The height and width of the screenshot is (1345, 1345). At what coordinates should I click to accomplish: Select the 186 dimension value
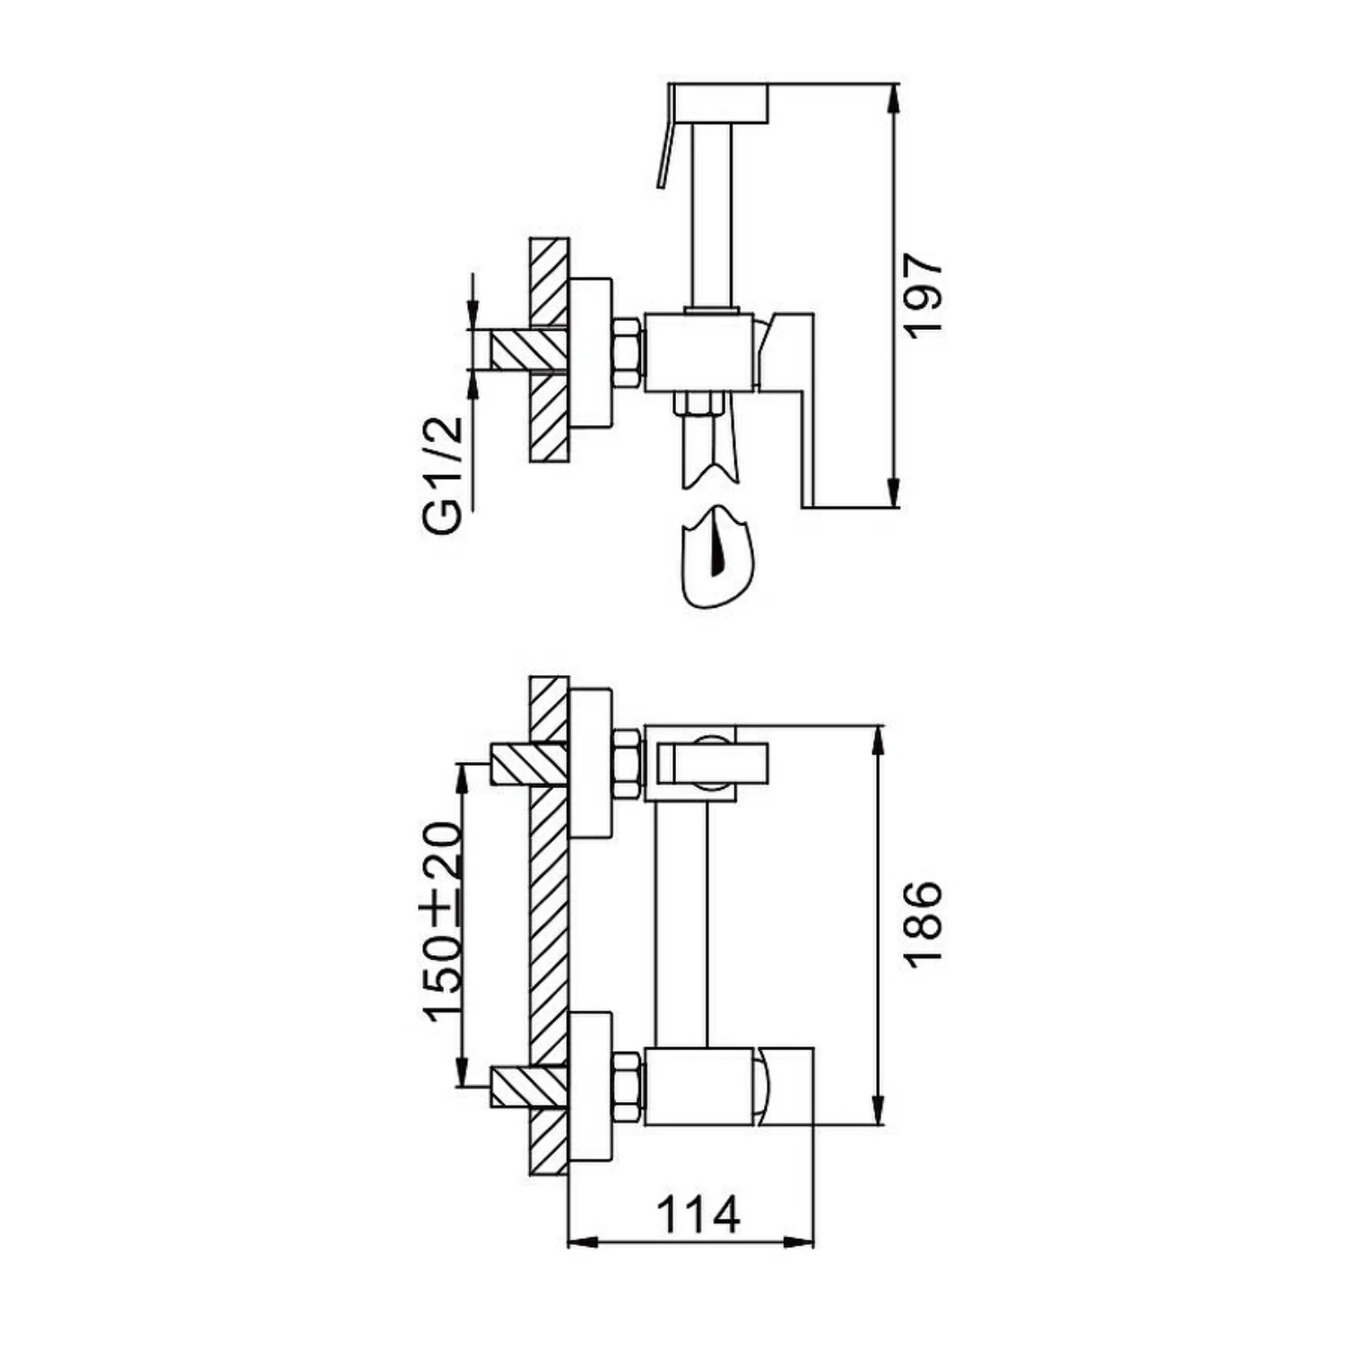tap(923, 924)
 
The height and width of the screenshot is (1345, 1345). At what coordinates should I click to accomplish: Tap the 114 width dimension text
tap(699, 1216)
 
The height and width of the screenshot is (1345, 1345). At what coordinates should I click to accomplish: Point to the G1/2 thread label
tap(446, 476)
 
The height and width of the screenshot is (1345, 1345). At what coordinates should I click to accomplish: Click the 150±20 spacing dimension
tap(446, 922)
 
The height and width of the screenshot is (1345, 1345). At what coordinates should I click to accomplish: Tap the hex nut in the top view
tap(627, 353)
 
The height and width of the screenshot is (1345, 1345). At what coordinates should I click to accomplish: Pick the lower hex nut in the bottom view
tap(627, 1087)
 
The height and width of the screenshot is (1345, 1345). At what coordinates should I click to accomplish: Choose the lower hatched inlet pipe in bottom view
tap(529, 1087)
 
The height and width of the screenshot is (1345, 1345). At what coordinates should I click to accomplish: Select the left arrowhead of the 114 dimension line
tap(584, 1242)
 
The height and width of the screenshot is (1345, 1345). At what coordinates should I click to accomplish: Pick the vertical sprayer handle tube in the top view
tap(713, 215)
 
